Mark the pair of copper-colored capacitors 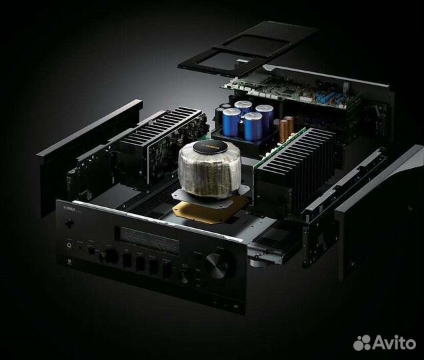(x=287, y=129)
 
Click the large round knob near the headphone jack (x=107, y=256)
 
